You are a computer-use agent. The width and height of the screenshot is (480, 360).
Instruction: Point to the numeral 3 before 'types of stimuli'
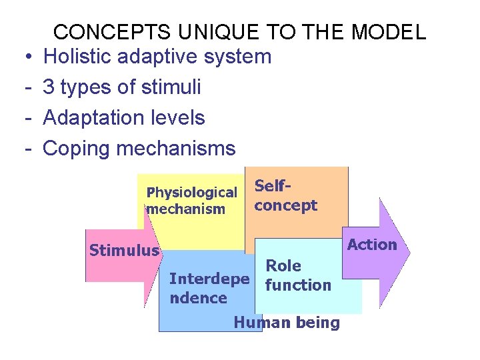tap(49, 87)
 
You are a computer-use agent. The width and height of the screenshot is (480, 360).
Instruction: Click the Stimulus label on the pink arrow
tap(124, 251)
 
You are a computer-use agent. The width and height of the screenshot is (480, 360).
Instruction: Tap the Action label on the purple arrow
tap(372, 245)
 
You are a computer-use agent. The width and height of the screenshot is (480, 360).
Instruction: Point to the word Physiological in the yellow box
tap(192, 193)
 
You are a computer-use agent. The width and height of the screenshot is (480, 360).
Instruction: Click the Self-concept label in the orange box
tap(285, 197)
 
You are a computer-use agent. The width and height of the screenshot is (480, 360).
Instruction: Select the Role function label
tap(297, 275)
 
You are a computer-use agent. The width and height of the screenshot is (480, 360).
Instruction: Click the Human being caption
tap(287, 323)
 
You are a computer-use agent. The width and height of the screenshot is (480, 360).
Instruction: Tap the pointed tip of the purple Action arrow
tap(409, 251)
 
